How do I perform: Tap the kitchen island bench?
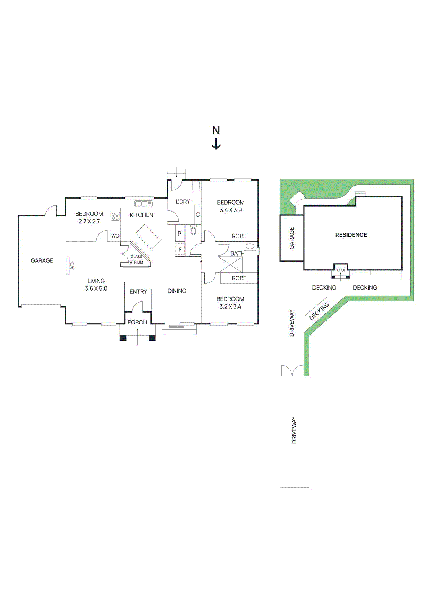pyautogui.click(x=148, y=236)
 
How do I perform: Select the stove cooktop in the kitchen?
pyautogui.click(x=115, y=216)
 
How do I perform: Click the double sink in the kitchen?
pyautogui.click(x=143, y=203)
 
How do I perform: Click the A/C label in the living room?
pyautogui.click(x=72, y=266)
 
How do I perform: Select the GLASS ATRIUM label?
pyautogui.click(x=136, y=259)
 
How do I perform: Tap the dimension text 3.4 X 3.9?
pyautogui.click(x=231, y=210)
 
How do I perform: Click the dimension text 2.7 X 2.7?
pyautogui.click(x=89, y=221)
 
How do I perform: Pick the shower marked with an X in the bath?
pyautogui.click(x=230, y=264)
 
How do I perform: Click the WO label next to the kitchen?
pyautogui.click(x=115, y=236)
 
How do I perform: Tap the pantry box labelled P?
pyautogui.click(x=180, y=233)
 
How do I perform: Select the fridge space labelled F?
pyautogui.click(x=180, y=249)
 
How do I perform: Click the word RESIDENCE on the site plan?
pyautogui.click(x=351, y=235)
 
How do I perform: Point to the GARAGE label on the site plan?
pyautogui.click(x=292, y=238)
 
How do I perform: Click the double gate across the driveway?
pyautogui.click(x=292, y=371)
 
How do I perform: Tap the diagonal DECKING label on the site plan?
pyautogui.click(x=319, y=311)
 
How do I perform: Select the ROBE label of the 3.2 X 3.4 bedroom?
pyautogui.click(x=239, y=278)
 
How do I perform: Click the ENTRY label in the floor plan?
pyautogui.click(x=138, y=291)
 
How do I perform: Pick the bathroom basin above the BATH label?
pyautogui.click(x=250, y=246)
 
